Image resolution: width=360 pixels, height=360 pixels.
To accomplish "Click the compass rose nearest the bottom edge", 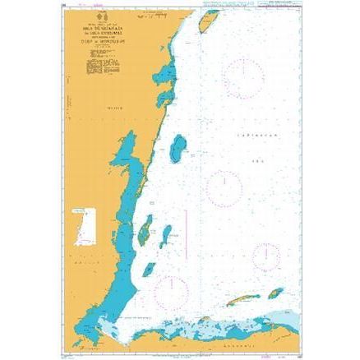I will (x=173, y=287).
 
